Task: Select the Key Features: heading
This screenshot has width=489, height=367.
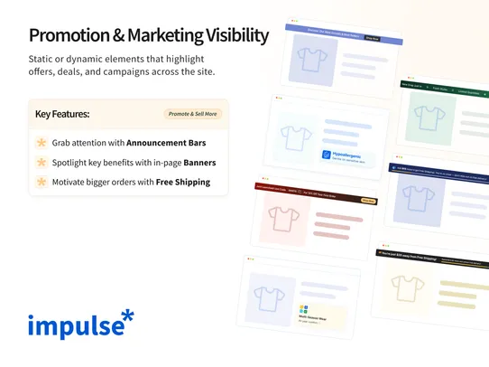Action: click(62, 115)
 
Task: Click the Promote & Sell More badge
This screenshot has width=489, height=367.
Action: click(192, 115)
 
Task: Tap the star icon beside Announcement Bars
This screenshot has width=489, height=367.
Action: click(41, 143)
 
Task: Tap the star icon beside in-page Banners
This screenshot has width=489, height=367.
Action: click(41, 163)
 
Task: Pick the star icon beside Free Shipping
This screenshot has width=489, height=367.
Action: click(41, 182)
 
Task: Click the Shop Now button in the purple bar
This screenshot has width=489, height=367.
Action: click(371, 39)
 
